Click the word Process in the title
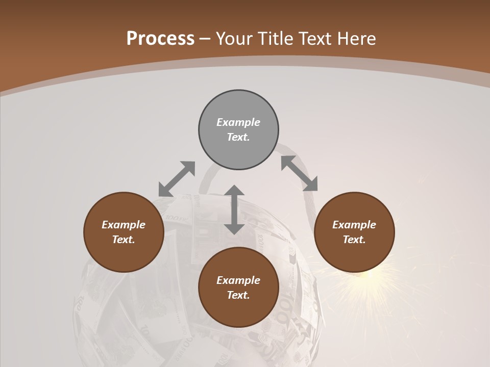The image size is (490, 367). point(160,39)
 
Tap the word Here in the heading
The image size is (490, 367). point(357,39)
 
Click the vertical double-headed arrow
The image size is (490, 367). point(234,209)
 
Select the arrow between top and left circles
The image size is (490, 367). point(177,179)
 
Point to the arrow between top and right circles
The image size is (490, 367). point(299,173)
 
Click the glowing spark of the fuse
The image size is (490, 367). point(370,276)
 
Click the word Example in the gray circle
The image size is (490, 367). point(238,122)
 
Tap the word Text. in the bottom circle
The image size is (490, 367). point(238,295)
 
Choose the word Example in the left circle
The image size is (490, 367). point(124,225)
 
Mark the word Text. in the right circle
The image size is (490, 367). point(354,240)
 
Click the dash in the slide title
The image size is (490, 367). point(205,39)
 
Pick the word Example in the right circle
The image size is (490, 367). point(354,225)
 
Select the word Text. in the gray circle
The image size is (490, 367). point(238,137)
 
